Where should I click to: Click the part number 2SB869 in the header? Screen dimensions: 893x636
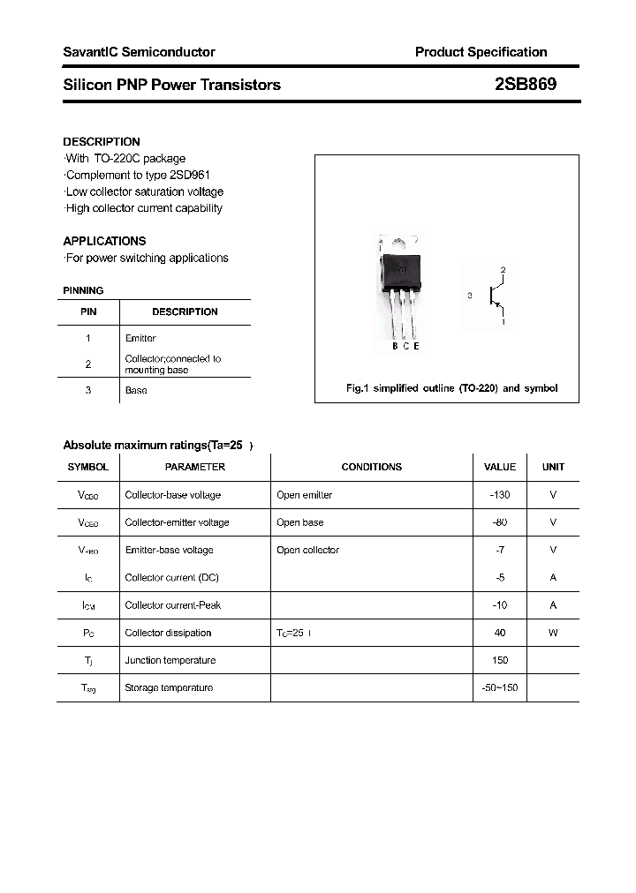(525, 85)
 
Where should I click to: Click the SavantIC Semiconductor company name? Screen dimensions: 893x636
(139, 52)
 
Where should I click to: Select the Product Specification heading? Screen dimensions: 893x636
(481, 52)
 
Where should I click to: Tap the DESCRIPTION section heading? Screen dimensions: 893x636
(102, 141)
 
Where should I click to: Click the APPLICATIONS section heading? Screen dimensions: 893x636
(104, 241)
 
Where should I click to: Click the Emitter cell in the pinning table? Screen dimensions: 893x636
(140, 338)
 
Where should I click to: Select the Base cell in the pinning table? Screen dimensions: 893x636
(136, 390)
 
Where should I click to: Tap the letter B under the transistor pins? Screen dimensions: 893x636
(395, 346)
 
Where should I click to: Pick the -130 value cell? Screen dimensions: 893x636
(500, 495)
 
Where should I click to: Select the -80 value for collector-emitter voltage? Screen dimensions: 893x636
(500, 522)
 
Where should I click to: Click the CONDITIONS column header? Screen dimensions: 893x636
(371, 467)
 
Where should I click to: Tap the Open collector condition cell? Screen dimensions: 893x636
(307, 550)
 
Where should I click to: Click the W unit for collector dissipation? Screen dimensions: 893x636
(553, 633)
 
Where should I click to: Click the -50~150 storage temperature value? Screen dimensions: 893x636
(500, 687)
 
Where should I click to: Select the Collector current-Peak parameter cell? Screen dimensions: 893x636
(172, 605)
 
